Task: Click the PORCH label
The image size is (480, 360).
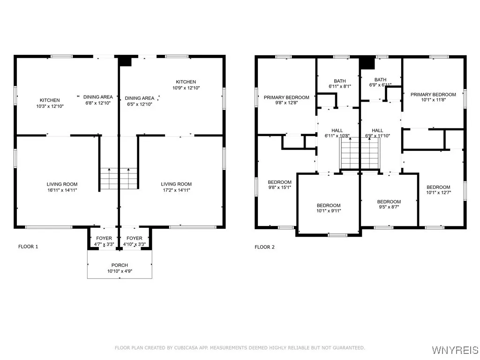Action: click(x=120, y=265)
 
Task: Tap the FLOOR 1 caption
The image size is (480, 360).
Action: click(x=28, y=247)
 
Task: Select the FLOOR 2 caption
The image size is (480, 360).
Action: click(x=264, y=247)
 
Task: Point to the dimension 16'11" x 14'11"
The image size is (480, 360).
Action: click(x=62, y=190)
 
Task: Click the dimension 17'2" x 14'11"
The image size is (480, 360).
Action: click(x=176, y=190)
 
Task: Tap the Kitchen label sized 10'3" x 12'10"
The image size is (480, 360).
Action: click(x=50, y=100)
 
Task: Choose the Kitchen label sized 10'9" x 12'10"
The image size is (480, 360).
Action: click(x=186, y=82)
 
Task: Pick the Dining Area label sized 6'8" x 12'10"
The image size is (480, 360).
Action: click(x=98, y=97)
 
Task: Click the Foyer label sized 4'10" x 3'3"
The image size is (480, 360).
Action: click(x=135, y=238)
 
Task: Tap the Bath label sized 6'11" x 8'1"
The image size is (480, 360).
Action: click(x=340, y=81)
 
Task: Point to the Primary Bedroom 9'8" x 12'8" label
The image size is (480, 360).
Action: click(x=286, y=97)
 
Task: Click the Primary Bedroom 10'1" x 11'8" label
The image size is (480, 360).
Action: click(x=433, y=95)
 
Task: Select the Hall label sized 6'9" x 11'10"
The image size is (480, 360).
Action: click(x=377, y=130)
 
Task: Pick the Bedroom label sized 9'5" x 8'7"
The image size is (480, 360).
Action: click(x=389, y=202)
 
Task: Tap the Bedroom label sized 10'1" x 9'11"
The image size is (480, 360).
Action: click(x=329, y=205)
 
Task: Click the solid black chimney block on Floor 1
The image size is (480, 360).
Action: click(x=125, y=61)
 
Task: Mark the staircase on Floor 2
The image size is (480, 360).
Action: click(x=360, y=156)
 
